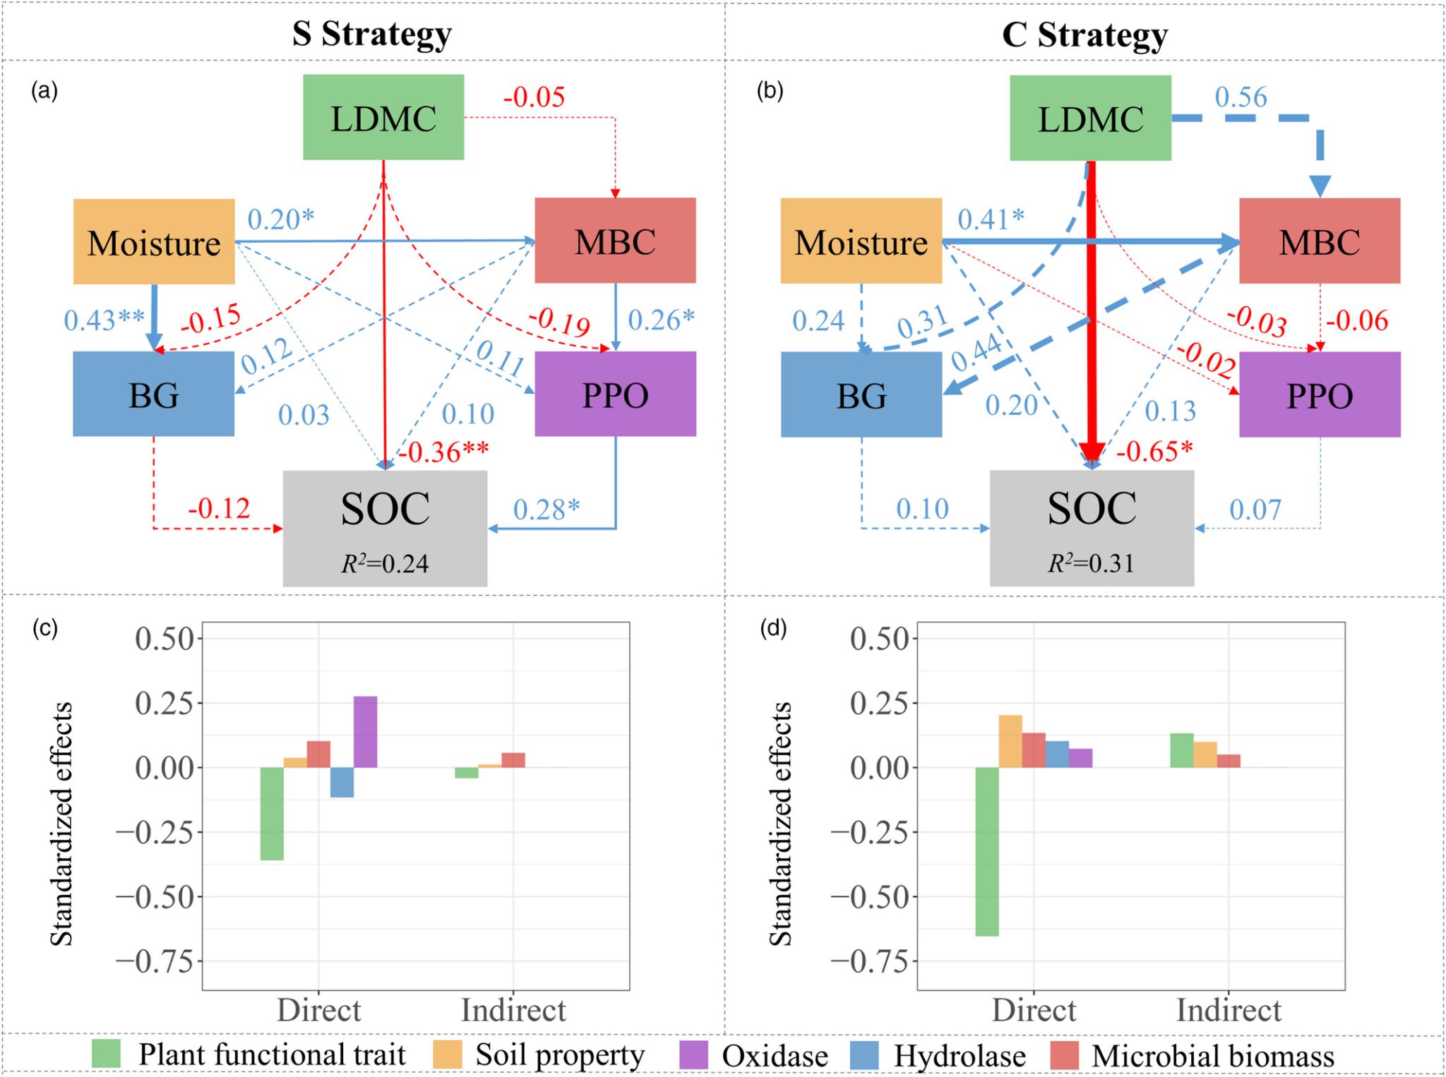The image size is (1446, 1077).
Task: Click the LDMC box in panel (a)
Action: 383,117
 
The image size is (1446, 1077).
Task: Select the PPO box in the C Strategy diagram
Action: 1320,395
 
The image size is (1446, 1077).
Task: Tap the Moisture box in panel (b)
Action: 861,241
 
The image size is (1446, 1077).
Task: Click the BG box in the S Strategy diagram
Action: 153,394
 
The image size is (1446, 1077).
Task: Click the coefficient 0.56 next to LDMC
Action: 1241,97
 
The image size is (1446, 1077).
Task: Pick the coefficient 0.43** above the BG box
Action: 104,320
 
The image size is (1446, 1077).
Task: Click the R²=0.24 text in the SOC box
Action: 385,563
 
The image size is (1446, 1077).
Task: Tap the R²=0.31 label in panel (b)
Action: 1091,563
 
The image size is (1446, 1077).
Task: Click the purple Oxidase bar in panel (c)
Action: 365,732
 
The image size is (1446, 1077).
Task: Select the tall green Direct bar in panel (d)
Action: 986,851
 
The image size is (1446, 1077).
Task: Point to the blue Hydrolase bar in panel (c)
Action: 342,782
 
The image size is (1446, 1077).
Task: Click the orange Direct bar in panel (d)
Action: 1010,741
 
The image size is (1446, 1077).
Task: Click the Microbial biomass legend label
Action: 1212,1056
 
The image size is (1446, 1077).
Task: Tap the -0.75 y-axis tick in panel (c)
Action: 155,961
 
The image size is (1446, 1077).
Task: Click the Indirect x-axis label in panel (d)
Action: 1228,1010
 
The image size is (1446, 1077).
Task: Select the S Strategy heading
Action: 372,33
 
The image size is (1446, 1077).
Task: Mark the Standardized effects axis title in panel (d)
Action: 780,823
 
